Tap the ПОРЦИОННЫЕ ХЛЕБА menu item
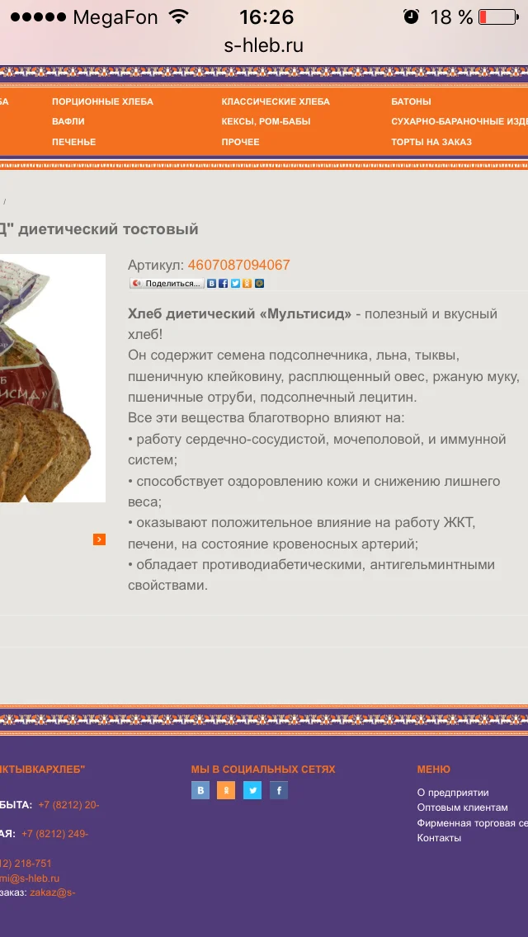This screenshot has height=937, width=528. (x=102, y=101)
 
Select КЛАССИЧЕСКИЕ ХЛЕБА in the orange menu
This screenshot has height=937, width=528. (x=276, y=101)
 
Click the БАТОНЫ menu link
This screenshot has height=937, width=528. (x=411, y=101)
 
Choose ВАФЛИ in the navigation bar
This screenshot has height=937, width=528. (x=68, y=121)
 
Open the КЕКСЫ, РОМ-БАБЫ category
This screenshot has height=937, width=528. (x=266, y=121)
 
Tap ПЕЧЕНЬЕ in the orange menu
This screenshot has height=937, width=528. (x=73, y=142)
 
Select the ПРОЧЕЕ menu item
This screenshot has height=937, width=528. (x=240, y=142)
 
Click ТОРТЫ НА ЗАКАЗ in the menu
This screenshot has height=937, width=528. (x=431, y=142)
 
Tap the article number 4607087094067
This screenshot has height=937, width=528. (x=238, y=265)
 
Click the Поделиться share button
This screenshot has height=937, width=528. (x=167, y=284)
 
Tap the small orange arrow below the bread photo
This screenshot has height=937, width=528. (x=99, y=539)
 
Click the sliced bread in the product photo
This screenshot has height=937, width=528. (x=49, y=445)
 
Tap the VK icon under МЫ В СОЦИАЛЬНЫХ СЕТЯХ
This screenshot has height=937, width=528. (x=200, y=790)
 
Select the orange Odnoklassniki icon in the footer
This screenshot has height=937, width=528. (x=226, y=790)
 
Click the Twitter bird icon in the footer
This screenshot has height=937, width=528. (x=252, y=790)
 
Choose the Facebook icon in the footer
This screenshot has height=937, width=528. (x=279, y=790)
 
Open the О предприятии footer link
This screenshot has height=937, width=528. (x=453, y=793)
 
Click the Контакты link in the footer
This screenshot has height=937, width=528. (x=439, y=838)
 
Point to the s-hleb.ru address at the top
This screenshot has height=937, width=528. (x=264, y=45)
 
